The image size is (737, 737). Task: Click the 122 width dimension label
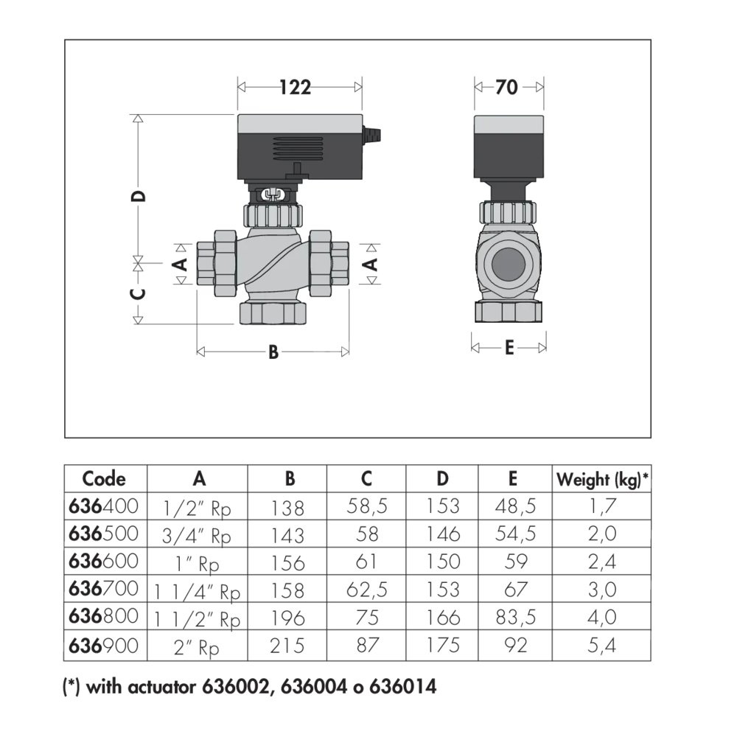[x=296, y=87]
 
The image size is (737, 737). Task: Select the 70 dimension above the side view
[x=506, y=87]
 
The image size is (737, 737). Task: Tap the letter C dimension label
[x=138, y=293]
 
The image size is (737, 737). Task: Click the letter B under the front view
[x=273, y=353]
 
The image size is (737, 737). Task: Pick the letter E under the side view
[x=509, y=348]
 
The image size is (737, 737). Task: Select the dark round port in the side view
[x=508, y=264]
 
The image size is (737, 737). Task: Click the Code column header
[x=104, y=479]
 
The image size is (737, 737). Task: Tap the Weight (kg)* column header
[x=602, y=480]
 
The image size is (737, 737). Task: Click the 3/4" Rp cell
[x=198, y=534]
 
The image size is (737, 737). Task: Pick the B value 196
[x=288, y=618]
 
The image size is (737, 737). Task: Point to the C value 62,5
[x=366, y=590]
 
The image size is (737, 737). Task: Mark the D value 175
[x=442, y=646]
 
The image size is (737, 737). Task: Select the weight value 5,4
[x=601, y=646]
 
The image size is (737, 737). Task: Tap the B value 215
[x=288, y=646]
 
